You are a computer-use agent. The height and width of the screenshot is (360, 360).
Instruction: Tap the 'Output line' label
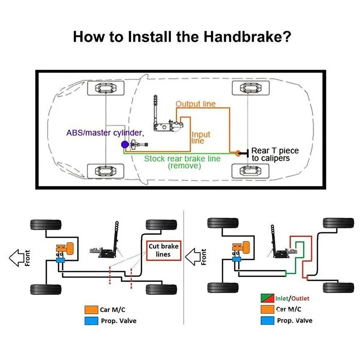coord(195,104)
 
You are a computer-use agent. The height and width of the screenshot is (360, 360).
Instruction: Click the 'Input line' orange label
coord(201,138)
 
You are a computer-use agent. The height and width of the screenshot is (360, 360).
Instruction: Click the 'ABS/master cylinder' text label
coord(104,133)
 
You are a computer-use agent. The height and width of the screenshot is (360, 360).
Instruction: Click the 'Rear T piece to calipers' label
coord(274,154)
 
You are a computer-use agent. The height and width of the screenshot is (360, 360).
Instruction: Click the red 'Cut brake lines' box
coord(164,250)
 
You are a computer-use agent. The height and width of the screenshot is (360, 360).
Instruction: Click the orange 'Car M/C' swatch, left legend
coord(89,310)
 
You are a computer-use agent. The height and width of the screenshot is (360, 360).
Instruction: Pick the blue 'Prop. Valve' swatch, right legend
coord(265,321)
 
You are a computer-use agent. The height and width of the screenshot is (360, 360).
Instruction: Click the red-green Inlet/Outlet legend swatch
coord(265,298)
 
